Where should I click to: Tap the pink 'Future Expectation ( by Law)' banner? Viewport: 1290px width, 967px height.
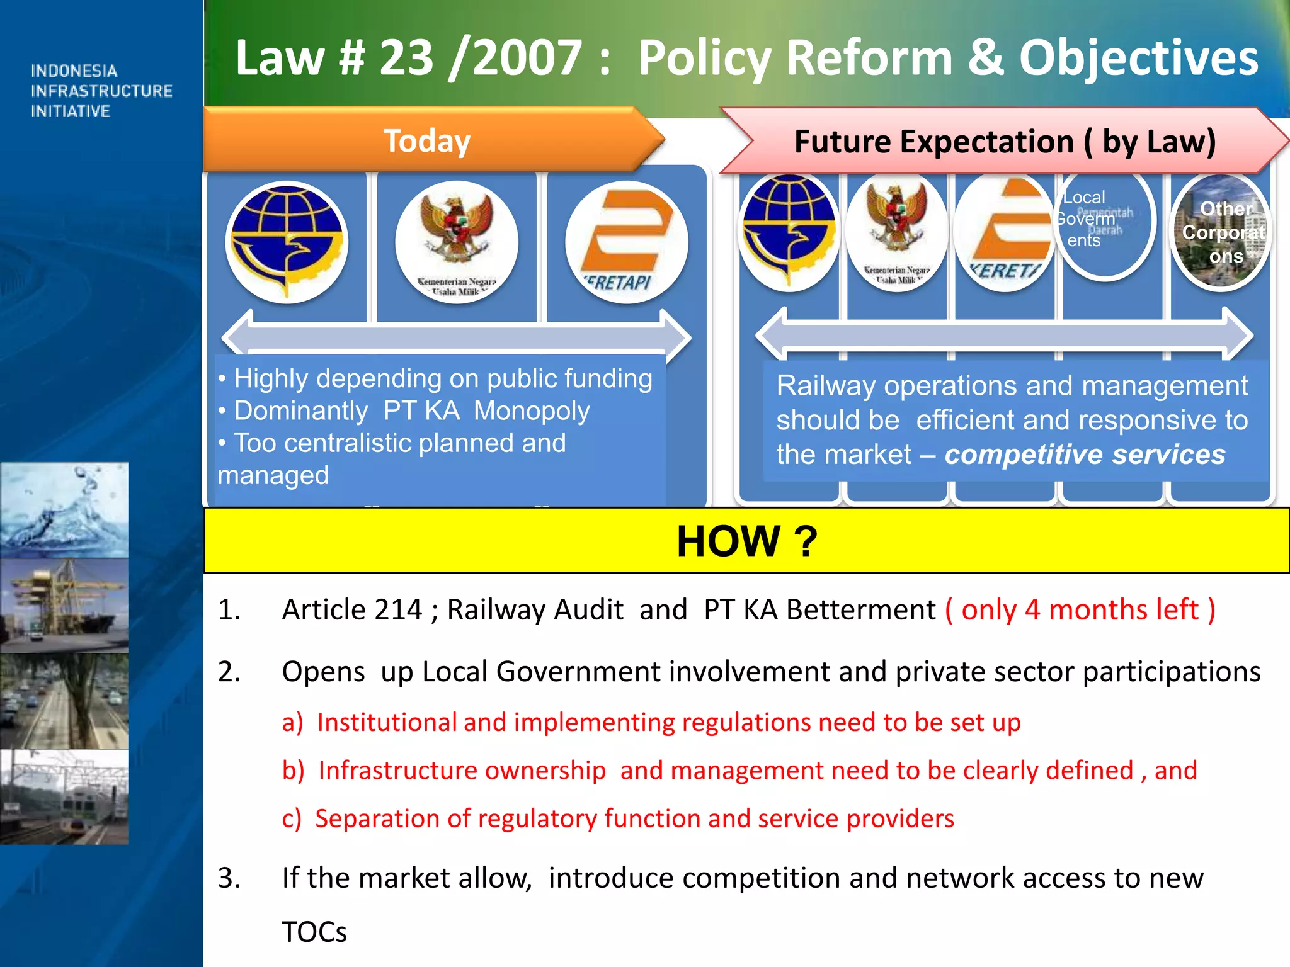(x=1004, y=142)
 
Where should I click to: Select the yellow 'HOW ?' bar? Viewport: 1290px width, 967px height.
(x=746, y=541)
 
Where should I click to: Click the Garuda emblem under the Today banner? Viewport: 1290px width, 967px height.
(x=457, y=242)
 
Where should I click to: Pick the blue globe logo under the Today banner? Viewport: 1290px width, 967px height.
(x=287, y=242)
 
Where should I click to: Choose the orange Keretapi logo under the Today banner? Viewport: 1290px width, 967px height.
(x=626, y=242)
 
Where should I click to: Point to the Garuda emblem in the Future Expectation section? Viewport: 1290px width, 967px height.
(x=896, y=232)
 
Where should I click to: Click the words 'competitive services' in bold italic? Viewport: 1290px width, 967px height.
(x=1085, y=455)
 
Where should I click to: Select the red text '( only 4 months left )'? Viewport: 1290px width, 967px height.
(x=1080, y=609)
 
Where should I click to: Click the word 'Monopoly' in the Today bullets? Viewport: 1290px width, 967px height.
(x=532, y=411)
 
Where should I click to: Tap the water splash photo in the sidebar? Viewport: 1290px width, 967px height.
(x=64, y=510)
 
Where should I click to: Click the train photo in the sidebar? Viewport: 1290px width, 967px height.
(x=64, y=796)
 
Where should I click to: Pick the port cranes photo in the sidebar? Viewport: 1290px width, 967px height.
(x=64, y=604)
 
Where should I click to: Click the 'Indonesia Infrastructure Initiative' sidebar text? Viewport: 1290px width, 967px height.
(x=101, y=91)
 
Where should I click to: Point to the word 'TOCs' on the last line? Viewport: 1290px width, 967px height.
(x=314, y=932)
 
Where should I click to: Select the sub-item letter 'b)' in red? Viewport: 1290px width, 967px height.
(x=293, y=771)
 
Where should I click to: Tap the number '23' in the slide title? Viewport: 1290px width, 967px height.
(x=406, y=58)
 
